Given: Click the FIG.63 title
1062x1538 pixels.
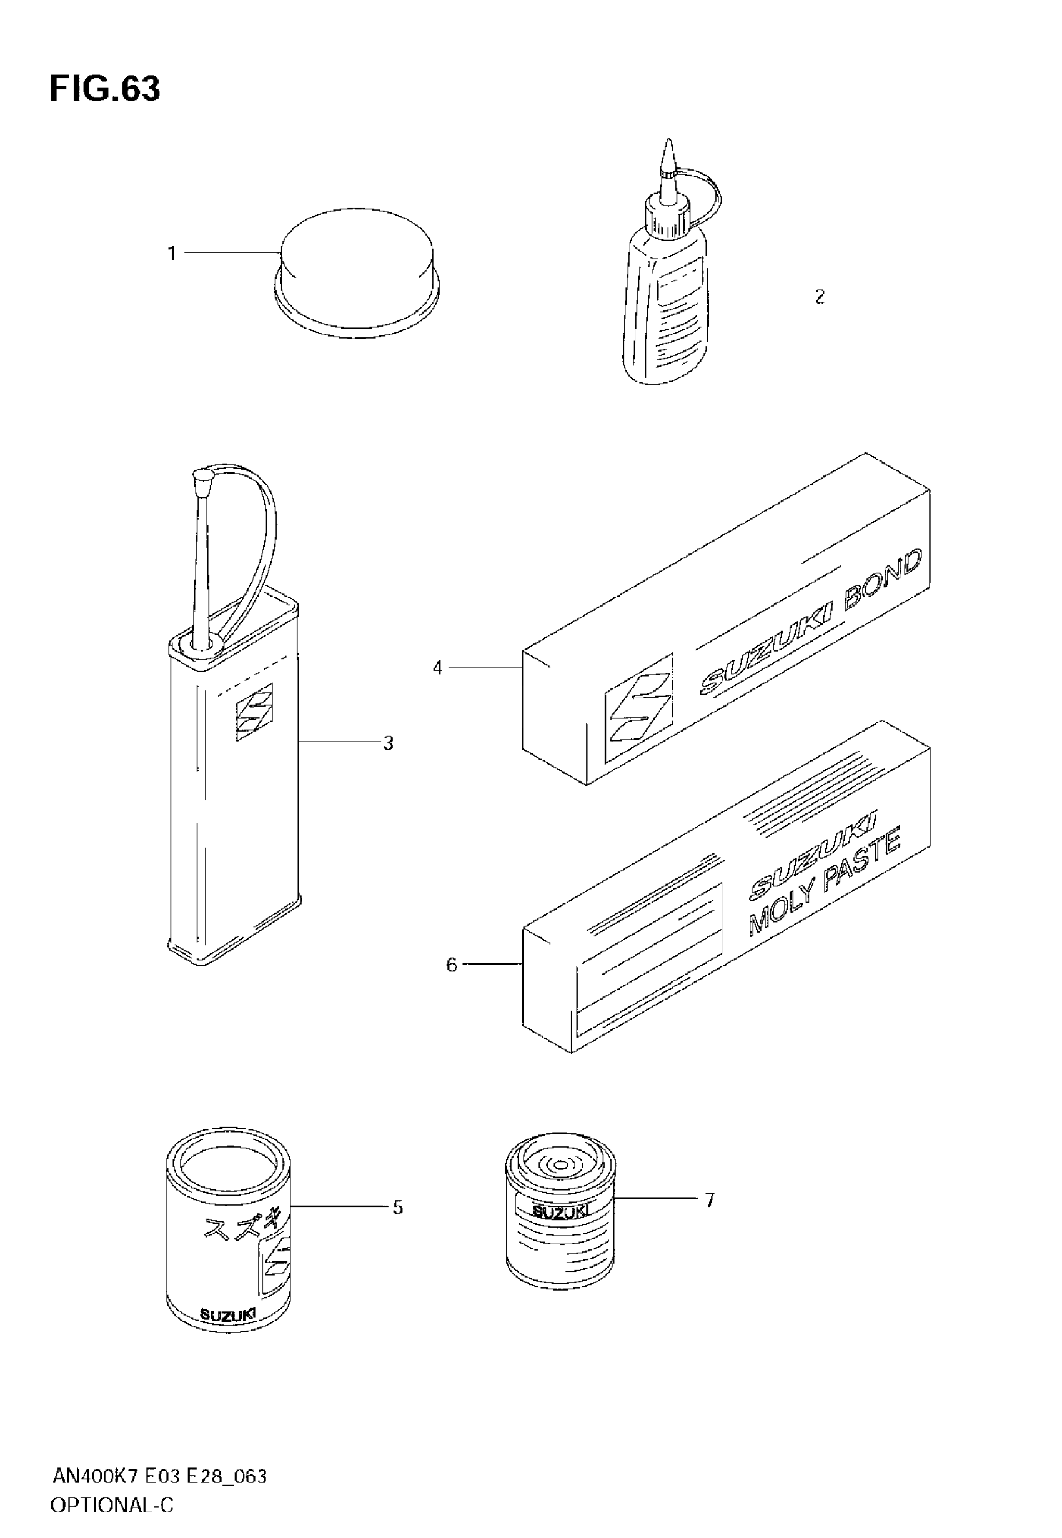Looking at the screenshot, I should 104,90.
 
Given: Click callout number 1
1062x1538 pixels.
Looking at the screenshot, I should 172,254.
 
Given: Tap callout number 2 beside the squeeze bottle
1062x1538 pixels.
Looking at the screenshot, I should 820,297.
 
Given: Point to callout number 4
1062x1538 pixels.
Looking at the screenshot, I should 437,667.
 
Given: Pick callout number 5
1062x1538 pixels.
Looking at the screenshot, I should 397,1208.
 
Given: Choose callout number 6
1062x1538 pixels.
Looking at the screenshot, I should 452,965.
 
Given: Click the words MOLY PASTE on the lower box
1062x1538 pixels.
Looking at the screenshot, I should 825,883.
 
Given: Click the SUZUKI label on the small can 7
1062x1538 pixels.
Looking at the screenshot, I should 560,1212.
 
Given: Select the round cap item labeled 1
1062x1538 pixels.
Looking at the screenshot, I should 357,273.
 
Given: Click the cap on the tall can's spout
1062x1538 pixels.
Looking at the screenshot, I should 202,475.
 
